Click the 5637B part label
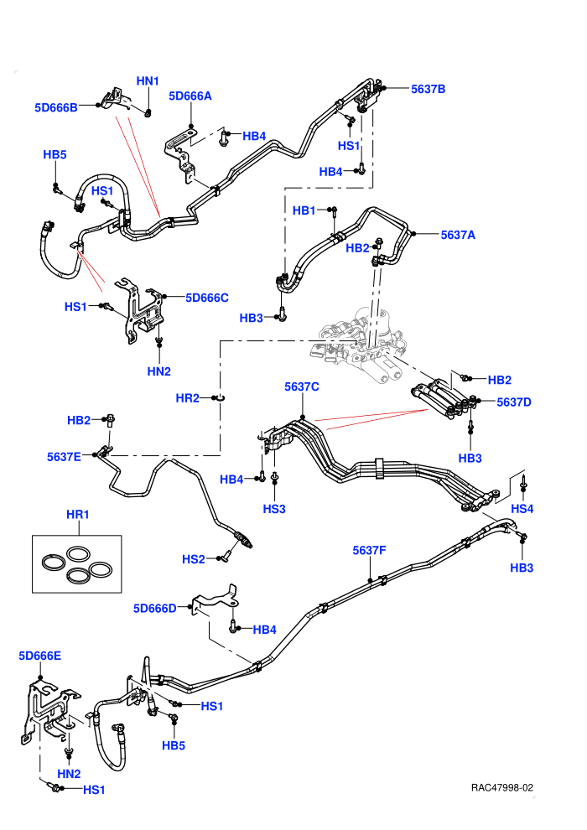(429, 89)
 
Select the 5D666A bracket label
(190, 96)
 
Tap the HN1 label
(148, 81)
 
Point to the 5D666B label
(56, 107)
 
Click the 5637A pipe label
(458, 235)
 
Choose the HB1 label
(304, 210)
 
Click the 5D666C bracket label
(207, 298)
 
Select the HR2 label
(187, 398)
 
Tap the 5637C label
(302, 387)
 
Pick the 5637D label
(514, 402)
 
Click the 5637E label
(64, 457)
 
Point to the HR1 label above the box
(78, 515)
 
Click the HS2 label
(193, 559)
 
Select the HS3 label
(274, 509)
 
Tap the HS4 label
(522, 509)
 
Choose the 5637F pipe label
(370, 551)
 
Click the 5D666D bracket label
(155, 609)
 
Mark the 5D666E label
(39, 656)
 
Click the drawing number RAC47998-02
(502, 788)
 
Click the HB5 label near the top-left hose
(55, 154)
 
